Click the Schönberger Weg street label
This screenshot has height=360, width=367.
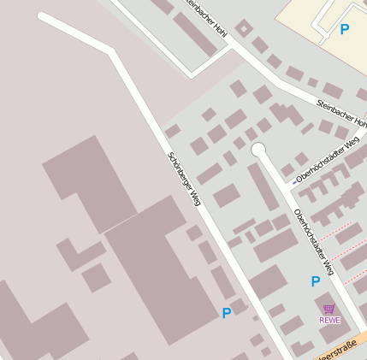point(184,180)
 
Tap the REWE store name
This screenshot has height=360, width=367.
point(329,320)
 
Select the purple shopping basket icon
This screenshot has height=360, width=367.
point(329,309)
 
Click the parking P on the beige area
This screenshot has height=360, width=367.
point(345,29)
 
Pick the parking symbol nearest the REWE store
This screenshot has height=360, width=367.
point(316,280)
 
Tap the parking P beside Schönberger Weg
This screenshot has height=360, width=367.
point(226,313)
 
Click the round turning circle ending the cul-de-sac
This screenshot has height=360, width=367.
point(258,150)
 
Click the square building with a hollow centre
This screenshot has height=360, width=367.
point(245,27)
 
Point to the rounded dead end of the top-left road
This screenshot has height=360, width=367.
point(44,18)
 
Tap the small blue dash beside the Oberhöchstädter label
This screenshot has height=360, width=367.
point(294,181)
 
